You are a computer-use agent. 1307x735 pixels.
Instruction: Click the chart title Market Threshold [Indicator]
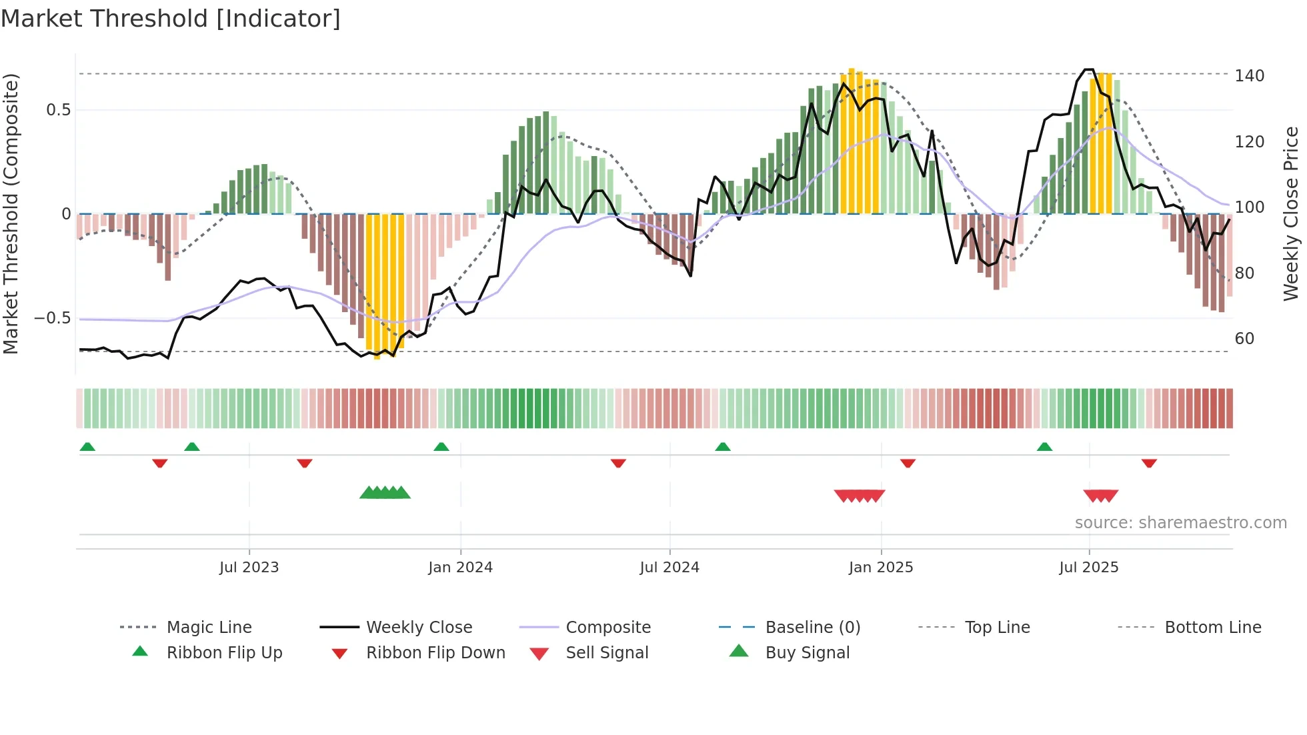coord(171,19)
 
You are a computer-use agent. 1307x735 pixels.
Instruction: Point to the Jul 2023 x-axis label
coord(249,568)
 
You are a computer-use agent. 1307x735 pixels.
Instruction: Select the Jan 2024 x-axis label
coord(460,568)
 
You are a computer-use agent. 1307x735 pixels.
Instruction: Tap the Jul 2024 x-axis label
coord(670,568)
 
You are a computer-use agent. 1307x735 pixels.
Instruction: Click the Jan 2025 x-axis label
coord(881,568)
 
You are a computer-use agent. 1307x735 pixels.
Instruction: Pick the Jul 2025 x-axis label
coord(1089,568)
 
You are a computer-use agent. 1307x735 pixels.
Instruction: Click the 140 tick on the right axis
coord(1249,76)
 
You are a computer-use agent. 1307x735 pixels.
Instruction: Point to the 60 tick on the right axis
coord(1244,339)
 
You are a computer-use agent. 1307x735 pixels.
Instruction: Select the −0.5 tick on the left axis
coord(53,318)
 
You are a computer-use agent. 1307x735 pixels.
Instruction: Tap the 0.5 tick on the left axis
coord(58,110)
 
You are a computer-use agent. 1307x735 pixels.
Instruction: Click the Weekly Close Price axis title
coord(1291,213)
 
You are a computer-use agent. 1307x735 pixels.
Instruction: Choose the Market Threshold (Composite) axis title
coord(11,213)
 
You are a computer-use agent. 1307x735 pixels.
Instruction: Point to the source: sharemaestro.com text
coord(1180,523)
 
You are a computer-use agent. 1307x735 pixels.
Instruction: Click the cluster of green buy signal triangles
coord(385,493)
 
